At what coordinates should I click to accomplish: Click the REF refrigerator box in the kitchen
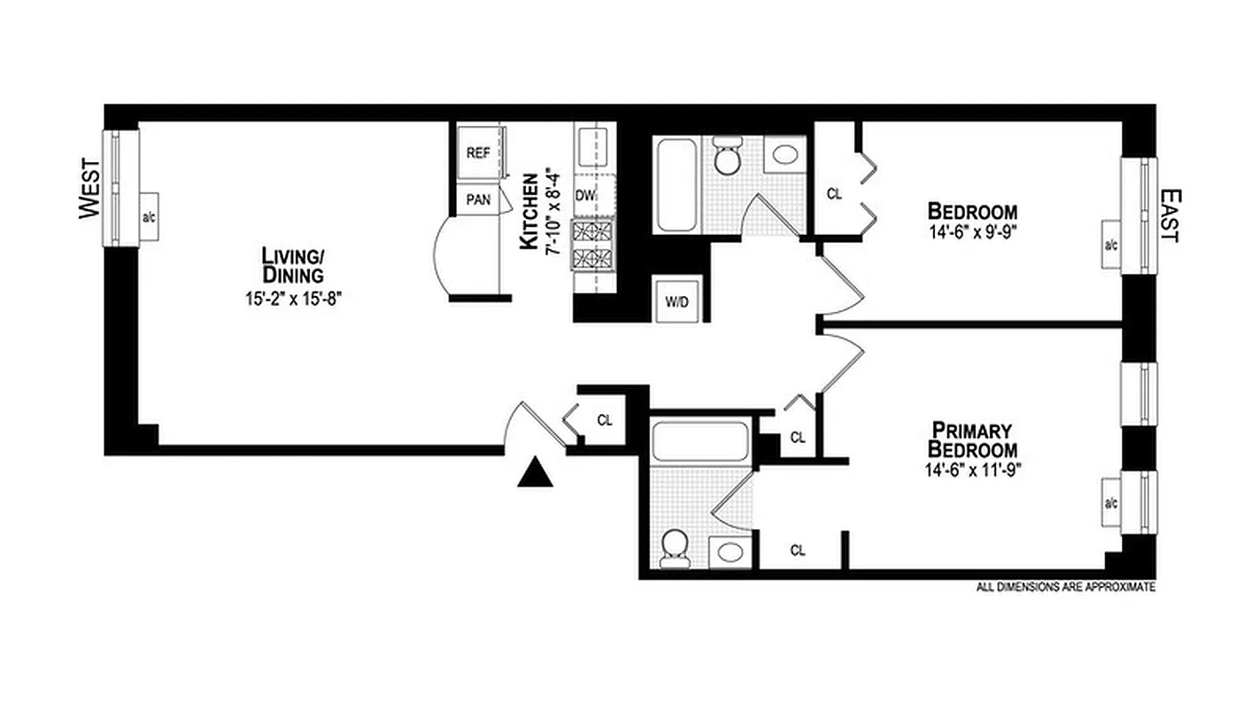click(x=479, y=152)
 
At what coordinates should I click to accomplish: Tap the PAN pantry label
click(x=479, y=200)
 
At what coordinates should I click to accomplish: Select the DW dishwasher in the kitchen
click(x=585, y=195)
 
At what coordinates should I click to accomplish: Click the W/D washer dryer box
click(x=676, y=301)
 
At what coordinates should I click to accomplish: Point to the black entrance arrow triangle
click(x=535, y=474)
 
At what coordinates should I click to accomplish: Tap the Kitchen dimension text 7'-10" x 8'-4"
click(x=554, y=211)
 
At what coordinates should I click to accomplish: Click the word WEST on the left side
click(x=89, y=189)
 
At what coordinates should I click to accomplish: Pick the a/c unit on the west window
click(x=148, y=215)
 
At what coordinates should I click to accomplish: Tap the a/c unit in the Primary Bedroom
click(x=1110, y=503)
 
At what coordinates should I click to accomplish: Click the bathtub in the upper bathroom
click(x=676, y=184)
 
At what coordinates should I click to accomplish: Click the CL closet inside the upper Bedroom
click(x=833, y=194)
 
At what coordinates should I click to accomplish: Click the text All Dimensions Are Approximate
click(x=1065, y=587)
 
